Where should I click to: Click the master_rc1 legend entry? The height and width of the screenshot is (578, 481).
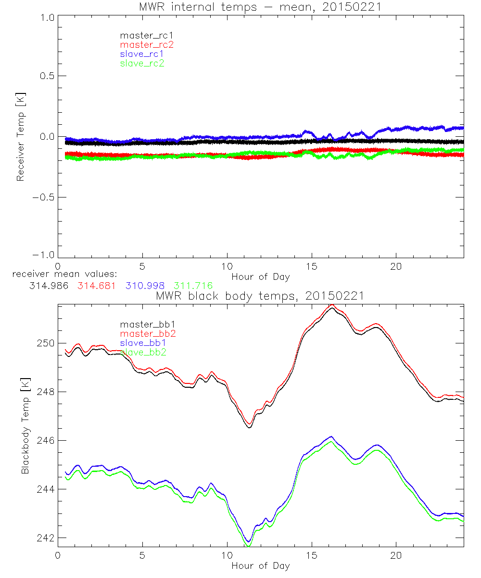coord(142,35)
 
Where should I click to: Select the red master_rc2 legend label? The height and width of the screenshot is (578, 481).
coord(147,44)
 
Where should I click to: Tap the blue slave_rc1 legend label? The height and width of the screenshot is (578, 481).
coord(142,54)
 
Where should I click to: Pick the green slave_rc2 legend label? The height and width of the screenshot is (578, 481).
coord(142,63)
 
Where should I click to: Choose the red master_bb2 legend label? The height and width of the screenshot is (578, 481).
coord(147,333)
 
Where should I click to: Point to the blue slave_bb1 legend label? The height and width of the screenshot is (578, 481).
coord(142,343)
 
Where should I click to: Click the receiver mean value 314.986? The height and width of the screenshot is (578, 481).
coord(48,286)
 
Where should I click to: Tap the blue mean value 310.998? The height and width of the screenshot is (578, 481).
coord(145,286)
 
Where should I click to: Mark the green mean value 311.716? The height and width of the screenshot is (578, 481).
coord(193,286)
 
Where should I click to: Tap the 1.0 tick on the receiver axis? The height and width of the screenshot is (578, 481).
coord(46,17)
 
